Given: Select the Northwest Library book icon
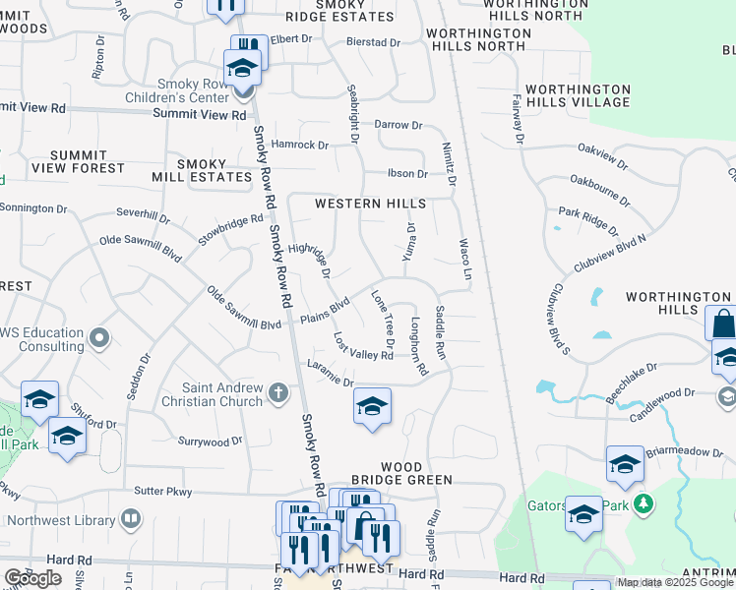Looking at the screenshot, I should tap(130, 518).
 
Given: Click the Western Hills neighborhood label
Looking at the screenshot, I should tap(370, 204).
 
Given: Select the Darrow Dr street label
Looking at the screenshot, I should tap(398, 125).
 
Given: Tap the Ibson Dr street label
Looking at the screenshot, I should tap(407, 174).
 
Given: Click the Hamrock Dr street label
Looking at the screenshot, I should tap(300, 145).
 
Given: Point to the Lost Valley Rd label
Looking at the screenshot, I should tap(363, 347).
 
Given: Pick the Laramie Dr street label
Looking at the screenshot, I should tap(330, 376).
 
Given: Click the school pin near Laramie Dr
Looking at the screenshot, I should tap(372, 406).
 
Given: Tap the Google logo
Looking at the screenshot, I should tap(32, 577).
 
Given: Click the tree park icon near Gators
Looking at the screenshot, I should tap(644, 503).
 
